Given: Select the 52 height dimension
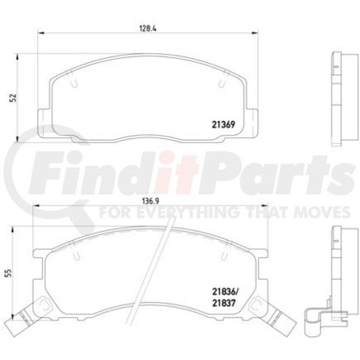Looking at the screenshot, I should pos(12,97).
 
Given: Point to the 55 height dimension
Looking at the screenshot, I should pos(12,272).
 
